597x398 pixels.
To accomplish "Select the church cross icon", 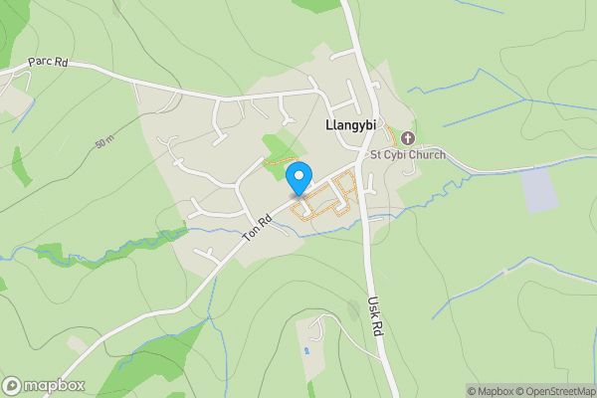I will point(408,137).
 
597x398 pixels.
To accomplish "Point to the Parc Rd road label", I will point(47,62).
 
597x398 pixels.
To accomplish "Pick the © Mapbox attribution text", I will point(489,391).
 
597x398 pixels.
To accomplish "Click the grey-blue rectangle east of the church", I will point(540,190).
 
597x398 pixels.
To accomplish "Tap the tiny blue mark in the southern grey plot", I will point(307,351).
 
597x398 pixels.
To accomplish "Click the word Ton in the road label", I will point(252,234).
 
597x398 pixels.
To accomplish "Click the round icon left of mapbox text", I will point(12,385).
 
